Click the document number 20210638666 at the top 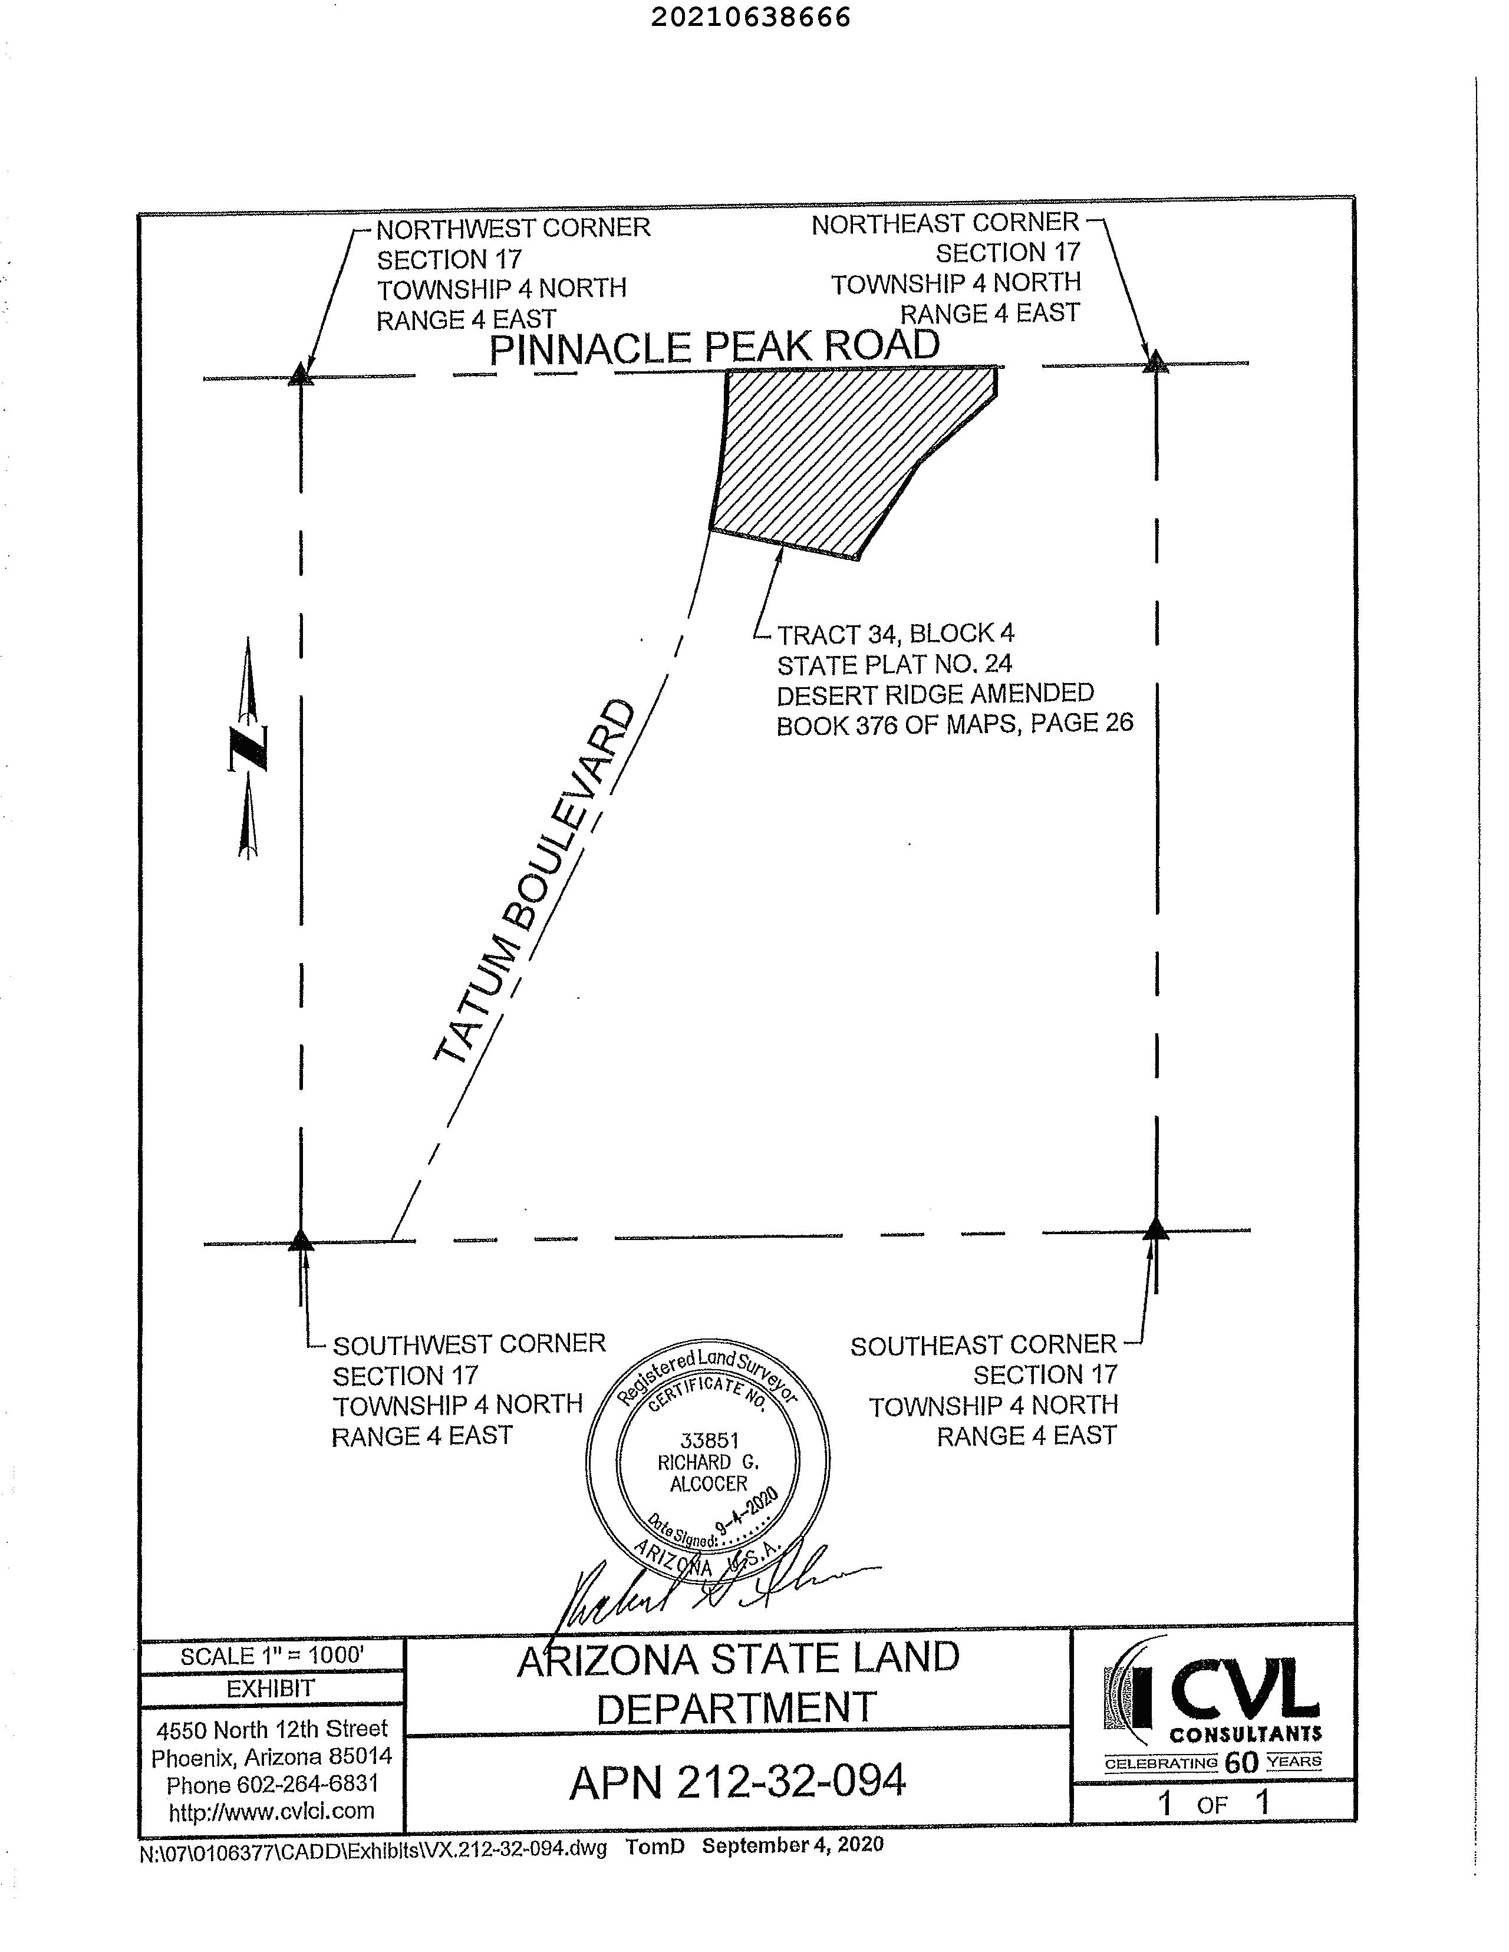point(749,18)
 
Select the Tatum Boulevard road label point(535,882)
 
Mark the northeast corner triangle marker point(1156,362)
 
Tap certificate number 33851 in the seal point(709,1440)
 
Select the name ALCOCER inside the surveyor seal point(708,1483)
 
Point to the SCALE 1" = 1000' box point(272,1656)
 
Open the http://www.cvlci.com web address point(271,1811)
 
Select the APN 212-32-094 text point(737,1781)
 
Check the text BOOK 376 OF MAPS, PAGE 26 point(954,724)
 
